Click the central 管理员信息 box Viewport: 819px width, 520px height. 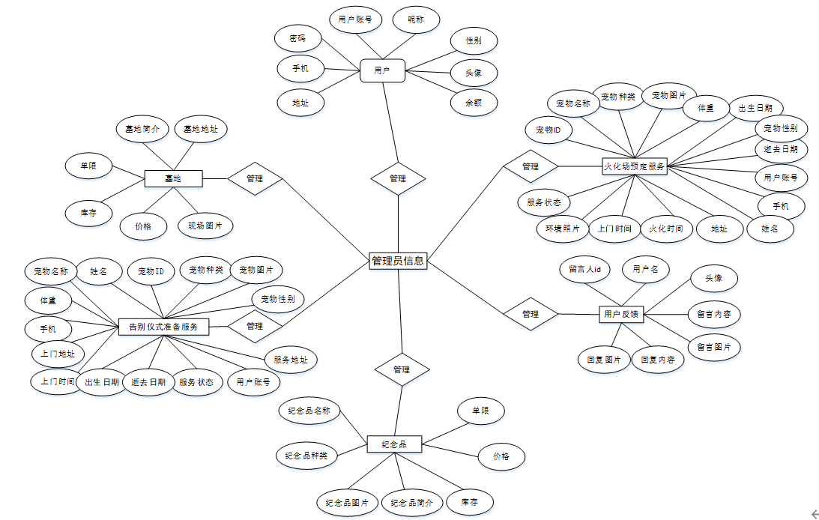[398, 261]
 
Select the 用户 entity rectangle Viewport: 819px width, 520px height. [382, 71]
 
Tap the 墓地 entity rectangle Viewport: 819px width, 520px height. [173, 178]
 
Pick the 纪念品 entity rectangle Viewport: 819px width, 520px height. [394, 444]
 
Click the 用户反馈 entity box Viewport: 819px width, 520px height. [621, 314]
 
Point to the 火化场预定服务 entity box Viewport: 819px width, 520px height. [634, 166]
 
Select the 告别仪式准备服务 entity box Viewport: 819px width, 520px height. [163, 326]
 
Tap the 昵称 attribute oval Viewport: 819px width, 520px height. [415, 19]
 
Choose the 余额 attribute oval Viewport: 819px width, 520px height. [473, 103]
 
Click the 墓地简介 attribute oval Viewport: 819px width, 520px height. [142, 129]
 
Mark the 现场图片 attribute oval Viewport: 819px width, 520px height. [205, 226]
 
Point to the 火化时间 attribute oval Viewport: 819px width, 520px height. [665, 229]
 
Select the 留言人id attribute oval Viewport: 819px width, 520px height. [584, 269]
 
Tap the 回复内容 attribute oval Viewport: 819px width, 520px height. [657, 360]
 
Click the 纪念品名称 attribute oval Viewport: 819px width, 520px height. [310, 411]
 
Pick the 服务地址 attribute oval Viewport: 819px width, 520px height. [290, 360]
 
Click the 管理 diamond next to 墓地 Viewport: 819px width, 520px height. [255, 178]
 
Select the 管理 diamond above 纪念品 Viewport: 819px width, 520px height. [402, 369]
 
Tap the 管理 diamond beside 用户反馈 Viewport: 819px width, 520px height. [531, 314]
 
